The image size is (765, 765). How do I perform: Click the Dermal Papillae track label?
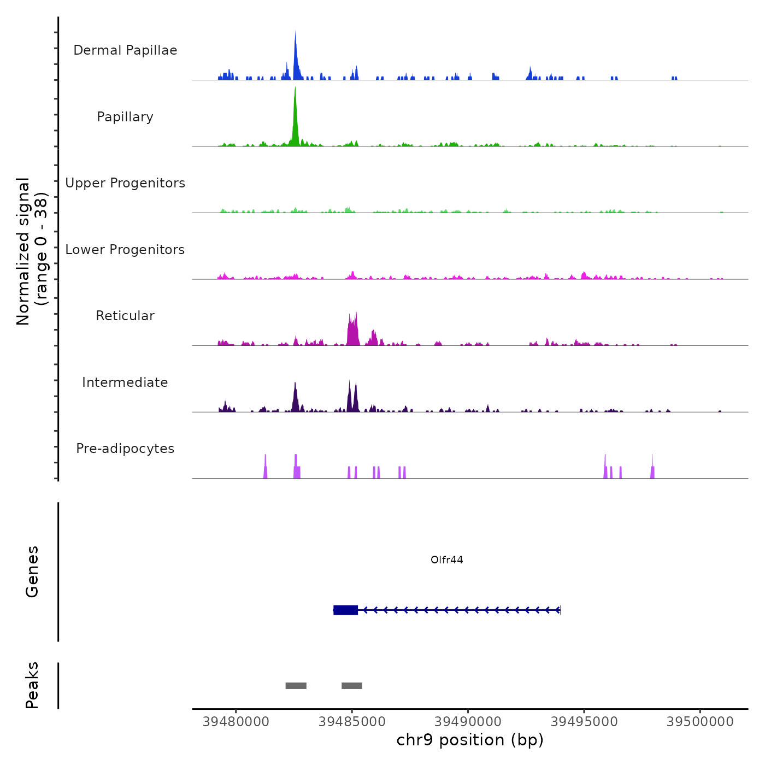[x=125, y=50]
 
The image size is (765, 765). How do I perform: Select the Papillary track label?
[x=125, y=117]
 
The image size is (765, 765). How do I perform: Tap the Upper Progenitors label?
[x=125, y=183]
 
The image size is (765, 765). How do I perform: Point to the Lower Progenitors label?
[x=125, y=250]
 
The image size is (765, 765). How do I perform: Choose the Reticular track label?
[x=125, y=316]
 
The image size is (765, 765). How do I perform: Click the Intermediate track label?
[x=125, y=382]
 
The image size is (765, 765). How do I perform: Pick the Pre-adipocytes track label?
[x=125, y=449]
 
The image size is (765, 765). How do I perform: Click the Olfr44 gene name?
[x=446, y=560]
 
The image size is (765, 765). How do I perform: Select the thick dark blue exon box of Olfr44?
[x=346, y=610]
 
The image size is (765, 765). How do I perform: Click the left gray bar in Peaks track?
[x=296, y=686]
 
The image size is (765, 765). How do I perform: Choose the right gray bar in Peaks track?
[x=352, y=686]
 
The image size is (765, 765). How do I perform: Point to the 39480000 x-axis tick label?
[x=236, y=722]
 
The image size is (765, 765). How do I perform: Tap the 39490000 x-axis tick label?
[x=468, y=722]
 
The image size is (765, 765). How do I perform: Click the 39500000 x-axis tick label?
[x=700, y=722]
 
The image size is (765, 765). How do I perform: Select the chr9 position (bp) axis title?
[x=470, y=740]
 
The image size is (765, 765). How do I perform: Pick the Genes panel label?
[x=32, y=572]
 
